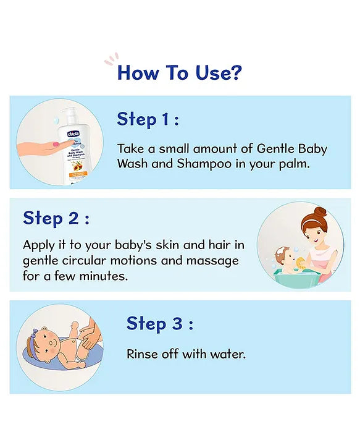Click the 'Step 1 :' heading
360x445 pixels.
148,119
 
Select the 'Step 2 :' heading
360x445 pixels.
56,218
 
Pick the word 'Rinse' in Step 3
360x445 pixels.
142,354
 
